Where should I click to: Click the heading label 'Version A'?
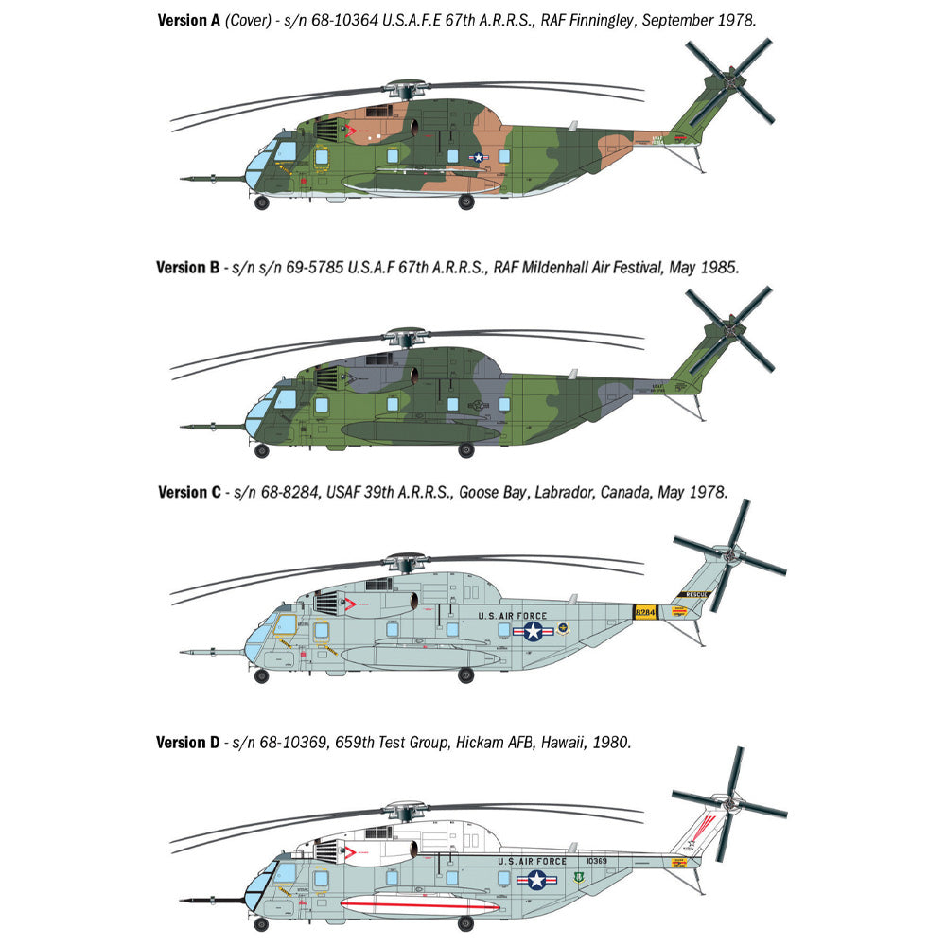[x=188, y=19]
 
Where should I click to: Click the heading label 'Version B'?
[x=188, y=268]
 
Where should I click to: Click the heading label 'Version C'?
[x=188, y=492]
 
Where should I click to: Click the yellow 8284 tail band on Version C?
[x=645, y=614]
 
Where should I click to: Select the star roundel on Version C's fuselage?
[x=534, y=630]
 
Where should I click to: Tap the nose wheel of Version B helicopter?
[x=262, y=451]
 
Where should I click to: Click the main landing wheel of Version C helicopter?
[x=465, y=674]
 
